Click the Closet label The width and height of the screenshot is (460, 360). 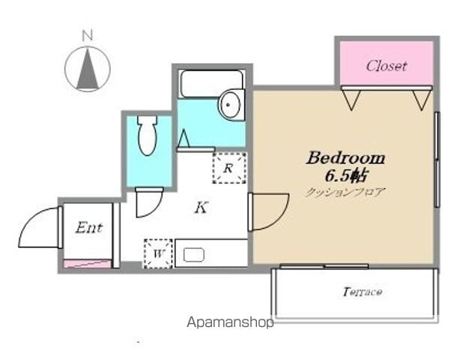click(x=387, y=66)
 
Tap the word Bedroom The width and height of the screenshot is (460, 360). click(x=345, y=158)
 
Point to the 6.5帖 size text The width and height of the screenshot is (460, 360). click(x=346, y=175)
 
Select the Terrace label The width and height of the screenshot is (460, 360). click(x=363, y=292)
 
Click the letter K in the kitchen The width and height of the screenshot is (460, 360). click(x=202, y=208)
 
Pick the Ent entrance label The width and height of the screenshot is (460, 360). click(x=89, y=227)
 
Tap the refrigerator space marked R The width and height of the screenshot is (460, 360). click(x=229, y=168)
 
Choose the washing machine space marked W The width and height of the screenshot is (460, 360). click(x=158, y=253)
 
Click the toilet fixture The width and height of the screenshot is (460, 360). click(x=148, y=135)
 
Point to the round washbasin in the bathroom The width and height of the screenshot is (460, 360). click(x=231, y=104)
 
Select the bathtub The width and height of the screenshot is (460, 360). click(x=211, y=83)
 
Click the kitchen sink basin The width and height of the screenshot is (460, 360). click(x=194, y=255)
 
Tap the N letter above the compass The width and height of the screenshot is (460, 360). click(x=88, y=35)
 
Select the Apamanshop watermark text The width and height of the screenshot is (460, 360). click(x=230, y=322)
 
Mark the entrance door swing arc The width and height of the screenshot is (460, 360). click(x=31, y=217)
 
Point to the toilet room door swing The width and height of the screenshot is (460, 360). click(x=155, y=209)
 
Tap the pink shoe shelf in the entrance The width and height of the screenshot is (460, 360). click(x=88, y=264)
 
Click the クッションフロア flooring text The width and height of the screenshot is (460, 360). click(x=345, y=192)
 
